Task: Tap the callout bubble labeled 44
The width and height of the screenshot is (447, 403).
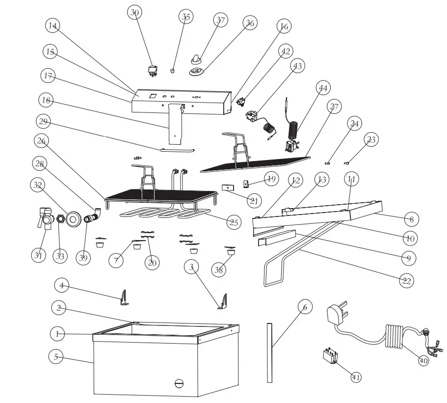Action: coord(322,88)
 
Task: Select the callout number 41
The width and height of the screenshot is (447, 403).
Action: coord(356,376)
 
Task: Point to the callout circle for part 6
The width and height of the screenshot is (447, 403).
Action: coord(304,307)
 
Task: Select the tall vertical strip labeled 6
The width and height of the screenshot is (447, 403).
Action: coord(269,352)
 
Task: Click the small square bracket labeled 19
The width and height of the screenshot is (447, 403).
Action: coord(247,184)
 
